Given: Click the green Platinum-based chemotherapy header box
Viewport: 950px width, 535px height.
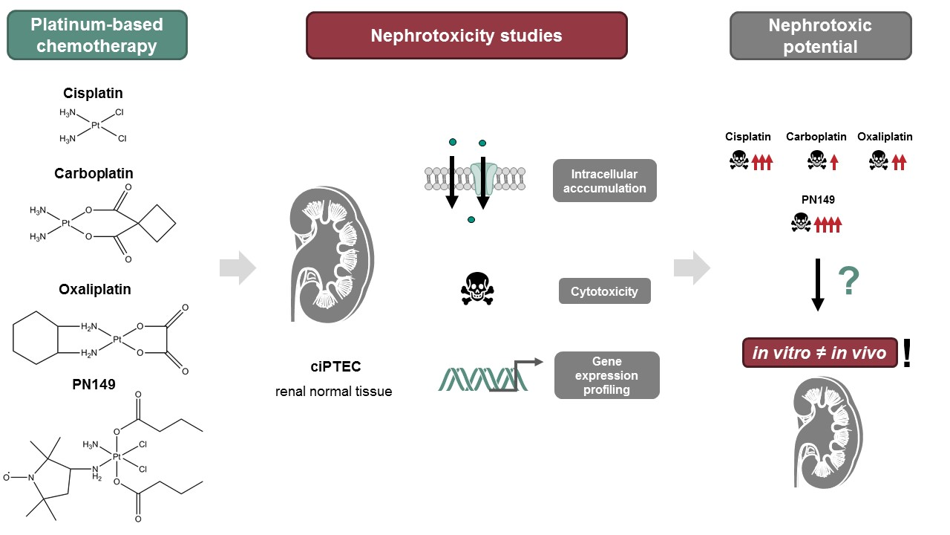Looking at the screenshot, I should coord(97,35).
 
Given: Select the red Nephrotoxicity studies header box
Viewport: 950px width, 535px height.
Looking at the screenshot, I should coord(466,36).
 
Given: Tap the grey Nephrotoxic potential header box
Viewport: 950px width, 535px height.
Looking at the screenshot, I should coord(820,36).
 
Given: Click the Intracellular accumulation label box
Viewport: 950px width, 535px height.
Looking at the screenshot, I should coord(604,181).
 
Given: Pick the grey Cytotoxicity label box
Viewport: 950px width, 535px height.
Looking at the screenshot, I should coord(604,292).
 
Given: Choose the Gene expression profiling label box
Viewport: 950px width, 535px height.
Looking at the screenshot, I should coord(606,375).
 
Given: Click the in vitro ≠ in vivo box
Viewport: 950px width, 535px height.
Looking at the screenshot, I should coord(819,353).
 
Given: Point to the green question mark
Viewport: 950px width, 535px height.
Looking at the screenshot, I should coord(849,282).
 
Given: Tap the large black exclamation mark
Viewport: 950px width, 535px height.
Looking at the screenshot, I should coord(906,353).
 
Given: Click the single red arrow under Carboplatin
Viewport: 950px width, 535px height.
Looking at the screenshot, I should coord(834,160).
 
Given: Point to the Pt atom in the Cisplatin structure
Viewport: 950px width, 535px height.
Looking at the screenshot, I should coord(96,126).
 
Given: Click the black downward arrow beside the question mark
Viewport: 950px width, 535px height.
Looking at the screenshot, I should coord(817,284).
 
